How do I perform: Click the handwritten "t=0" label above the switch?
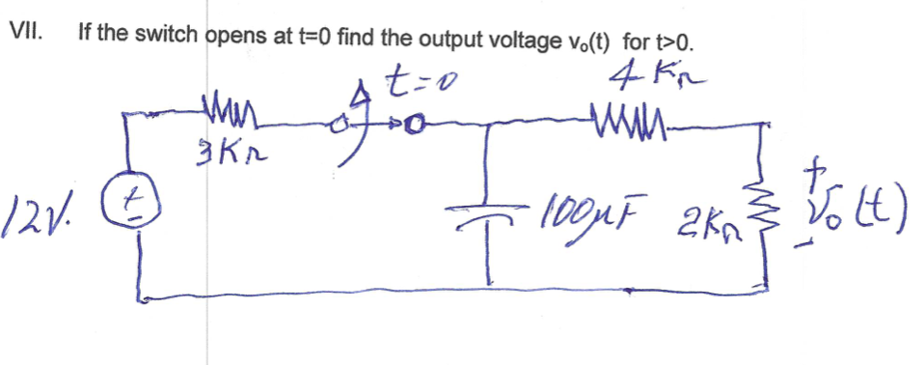click(419, 88)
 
